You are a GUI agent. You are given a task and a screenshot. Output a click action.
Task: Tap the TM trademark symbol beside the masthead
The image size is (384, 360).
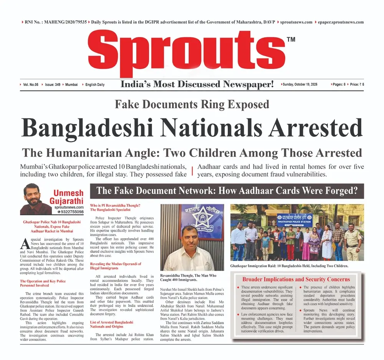click(291, 39)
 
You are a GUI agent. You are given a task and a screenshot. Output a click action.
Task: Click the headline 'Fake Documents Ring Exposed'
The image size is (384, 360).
click(192, 104)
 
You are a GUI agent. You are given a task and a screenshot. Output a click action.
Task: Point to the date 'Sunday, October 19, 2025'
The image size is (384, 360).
click(300, 84)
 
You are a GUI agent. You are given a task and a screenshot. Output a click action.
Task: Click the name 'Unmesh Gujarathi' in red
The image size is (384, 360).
click(68, 197)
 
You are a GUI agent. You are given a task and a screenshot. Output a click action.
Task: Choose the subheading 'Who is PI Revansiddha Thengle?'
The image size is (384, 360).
click(115, 205)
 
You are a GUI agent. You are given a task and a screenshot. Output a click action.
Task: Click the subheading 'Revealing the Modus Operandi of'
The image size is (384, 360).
click(116, 264)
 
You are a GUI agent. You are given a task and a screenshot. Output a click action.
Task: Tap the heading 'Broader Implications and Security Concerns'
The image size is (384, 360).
click(296, 279)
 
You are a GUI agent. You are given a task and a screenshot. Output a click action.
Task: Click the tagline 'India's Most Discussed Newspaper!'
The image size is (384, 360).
click(197, 84)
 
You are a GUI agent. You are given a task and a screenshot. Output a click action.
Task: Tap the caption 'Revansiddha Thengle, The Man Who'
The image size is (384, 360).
click(188, 276)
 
